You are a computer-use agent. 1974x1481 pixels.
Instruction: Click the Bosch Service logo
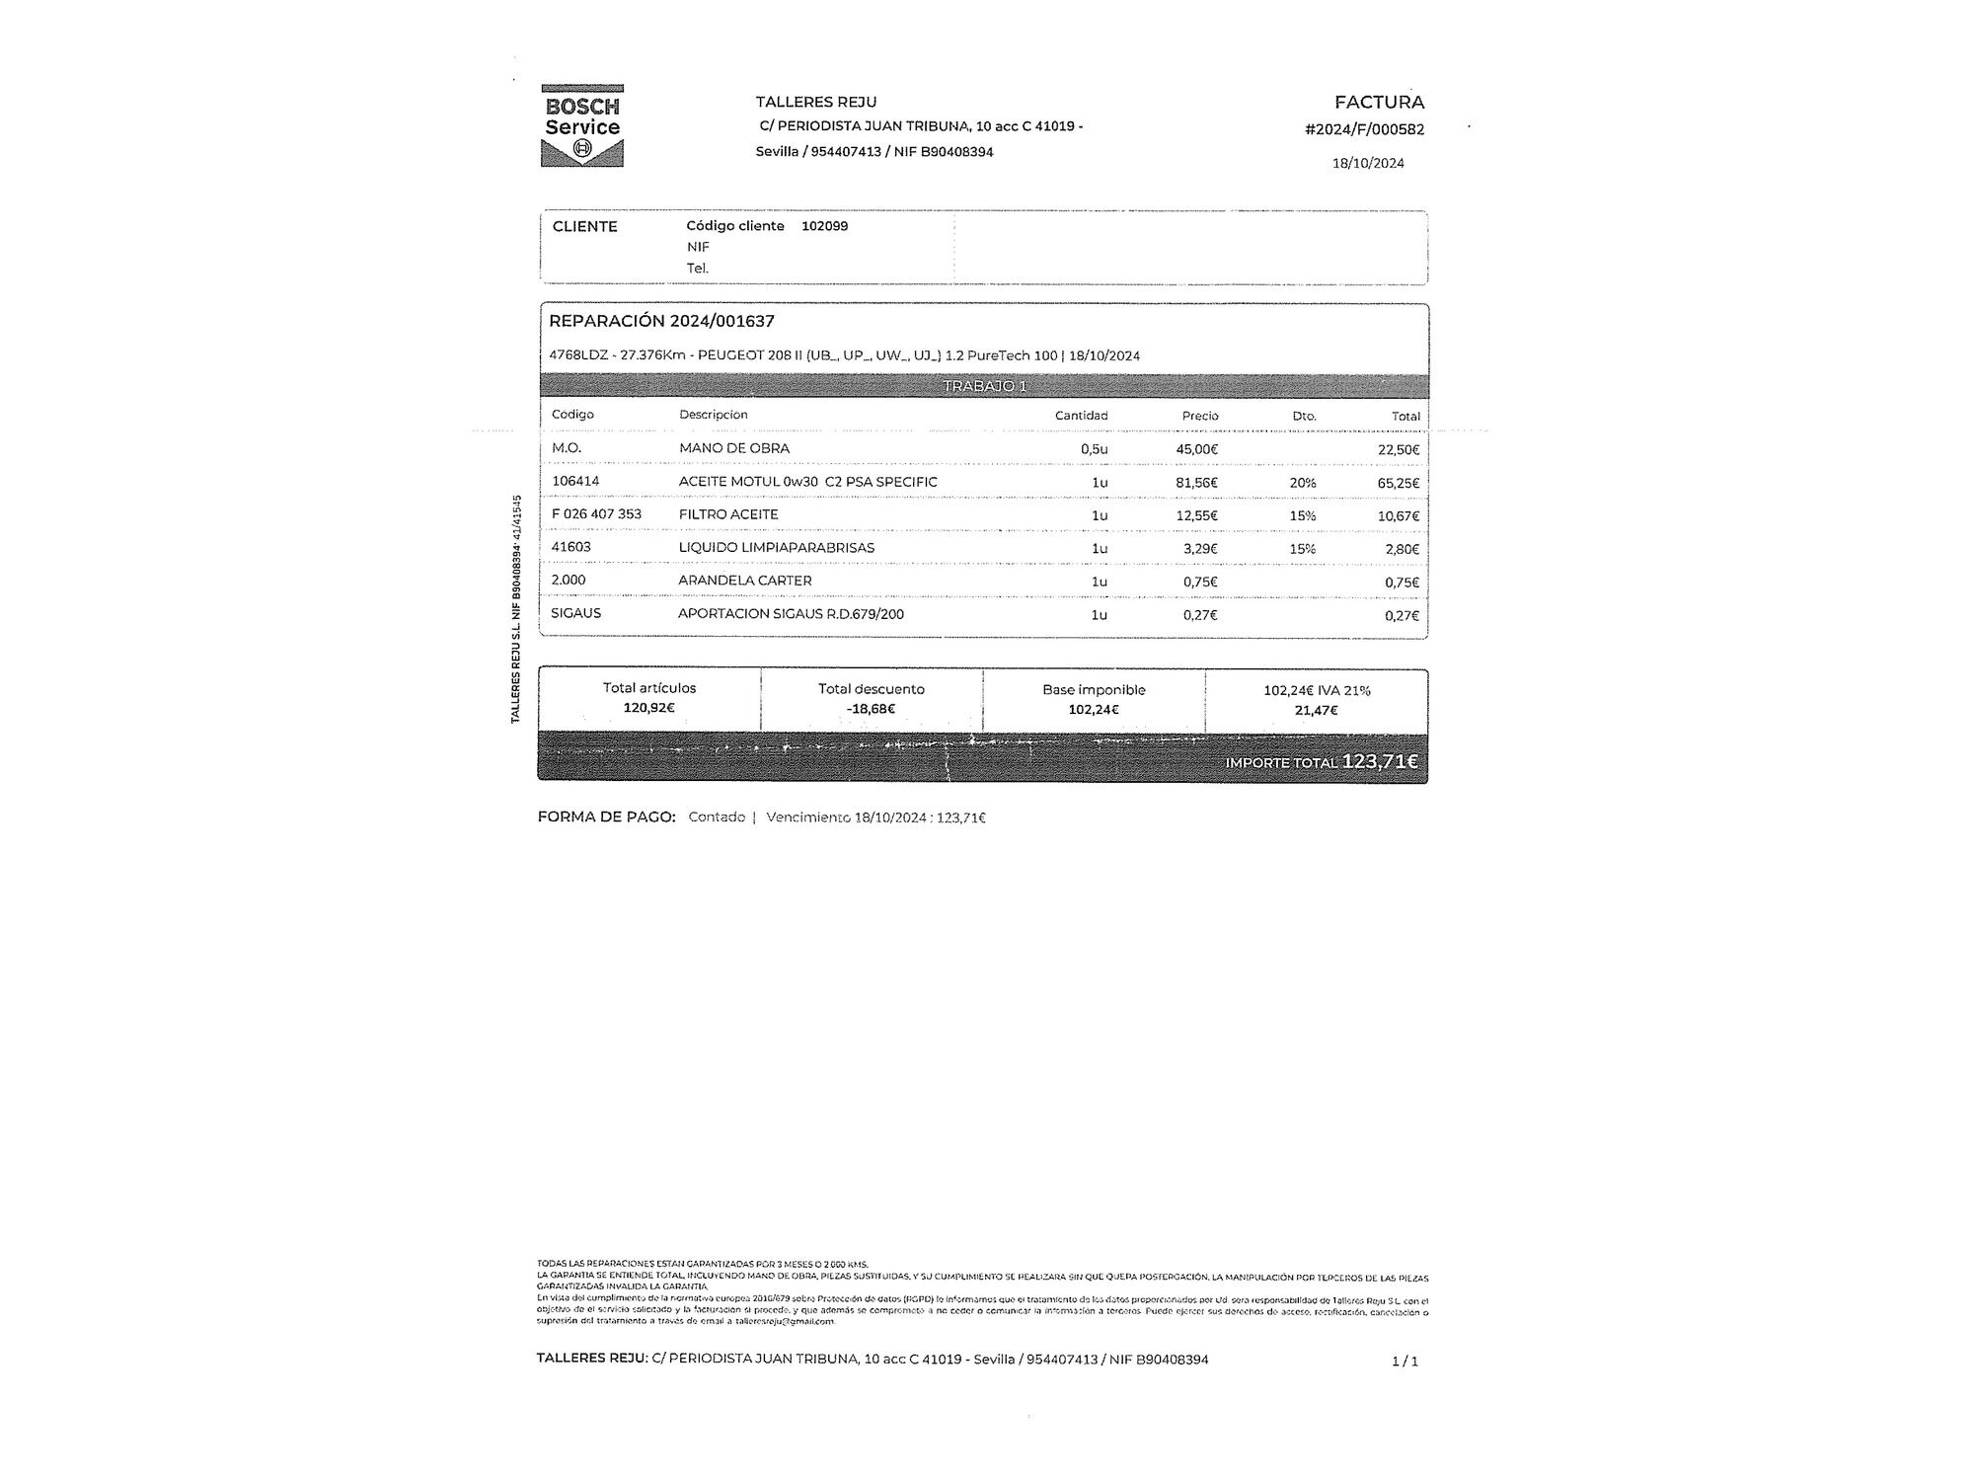pos(582,125)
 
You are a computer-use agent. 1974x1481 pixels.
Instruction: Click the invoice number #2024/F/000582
pos(1364,129)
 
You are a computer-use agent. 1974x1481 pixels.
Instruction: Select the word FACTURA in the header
pos(1379,102)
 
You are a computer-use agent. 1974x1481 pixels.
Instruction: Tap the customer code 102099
pos(824,226)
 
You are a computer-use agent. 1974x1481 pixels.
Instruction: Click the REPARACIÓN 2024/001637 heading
pos(661,321)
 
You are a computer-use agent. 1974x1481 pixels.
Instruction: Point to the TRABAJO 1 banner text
pos(984,386)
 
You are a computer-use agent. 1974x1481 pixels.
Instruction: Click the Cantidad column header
pos(1081,416)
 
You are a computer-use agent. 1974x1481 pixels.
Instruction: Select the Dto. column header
pos(1304,416)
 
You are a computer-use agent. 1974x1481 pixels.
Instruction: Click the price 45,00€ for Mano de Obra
pos(1196,449)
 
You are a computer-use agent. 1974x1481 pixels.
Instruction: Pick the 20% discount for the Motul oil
pos(1302,483)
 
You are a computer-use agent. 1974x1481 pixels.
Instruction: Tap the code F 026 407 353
pos(596,514)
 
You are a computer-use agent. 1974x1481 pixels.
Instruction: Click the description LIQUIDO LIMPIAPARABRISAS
pos(776,548)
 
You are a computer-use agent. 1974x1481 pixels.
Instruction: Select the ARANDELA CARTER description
pos(744,581)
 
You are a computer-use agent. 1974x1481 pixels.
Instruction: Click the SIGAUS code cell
pos(575,613)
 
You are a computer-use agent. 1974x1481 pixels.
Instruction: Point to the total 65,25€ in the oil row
pos(1398,483)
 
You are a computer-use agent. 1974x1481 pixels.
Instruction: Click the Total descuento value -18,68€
pos(871,709)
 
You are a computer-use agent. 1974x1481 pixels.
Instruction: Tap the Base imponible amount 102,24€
pos(1094,709)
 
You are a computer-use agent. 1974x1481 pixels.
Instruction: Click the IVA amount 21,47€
pos(1316,710)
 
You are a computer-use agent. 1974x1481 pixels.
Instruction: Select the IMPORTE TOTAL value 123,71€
pos(1379,761)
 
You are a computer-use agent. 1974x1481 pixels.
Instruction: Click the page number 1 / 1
pos(1405,1361)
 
